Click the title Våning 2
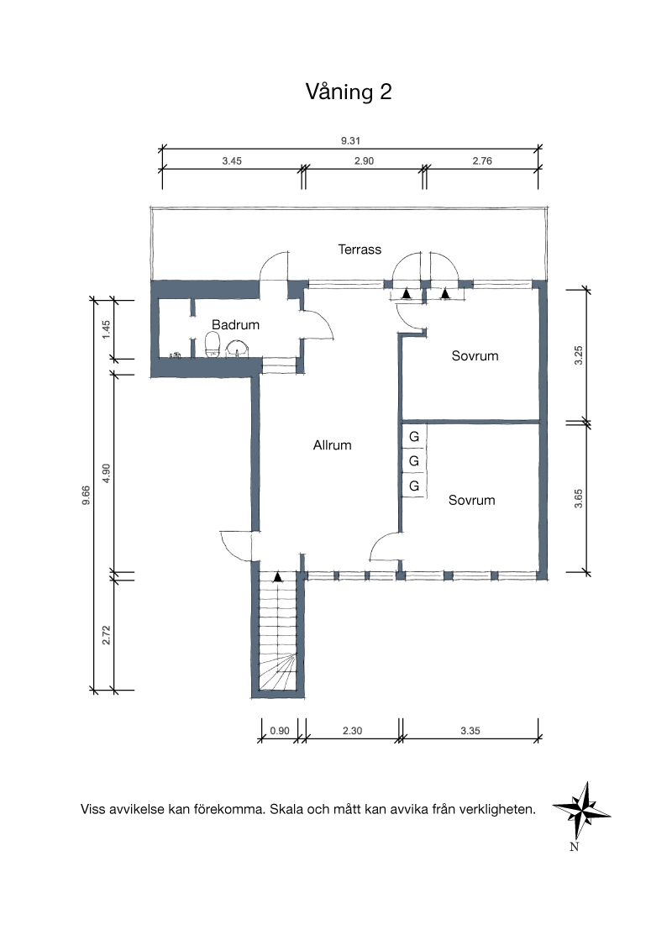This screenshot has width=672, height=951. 349,92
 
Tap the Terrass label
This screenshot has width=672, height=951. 360,250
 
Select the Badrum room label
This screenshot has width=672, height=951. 235,324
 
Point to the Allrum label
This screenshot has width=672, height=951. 333,445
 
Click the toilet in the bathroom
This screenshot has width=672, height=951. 213,345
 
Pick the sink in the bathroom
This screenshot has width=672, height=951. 237,348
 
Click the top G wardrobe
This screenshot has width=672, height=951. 414,437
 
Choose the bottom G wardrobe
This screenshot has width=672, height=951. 414,486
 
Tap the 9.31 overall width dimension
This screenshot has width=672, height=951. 350,140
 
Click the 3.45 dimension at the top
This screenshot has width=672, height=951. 232,160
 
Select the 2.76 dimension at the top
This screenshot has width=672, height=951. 482,160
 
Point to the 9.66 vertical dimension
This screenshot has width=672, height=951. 87,495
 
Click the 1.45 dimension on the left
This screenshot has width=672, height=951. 106,329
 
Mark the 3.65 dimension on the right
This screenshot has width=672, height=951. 579,498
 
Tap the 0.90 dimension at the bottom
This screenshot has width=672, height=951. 280,731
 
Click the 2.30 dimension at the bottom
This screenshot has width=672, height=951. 352,731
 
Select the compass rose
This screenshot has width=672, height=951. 581,811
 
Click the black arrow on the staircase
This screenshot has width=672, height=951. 278,577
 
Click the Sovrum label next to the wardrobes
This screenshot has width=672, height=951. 472,501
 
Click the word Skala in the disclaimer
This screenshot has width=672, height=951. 286,809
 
